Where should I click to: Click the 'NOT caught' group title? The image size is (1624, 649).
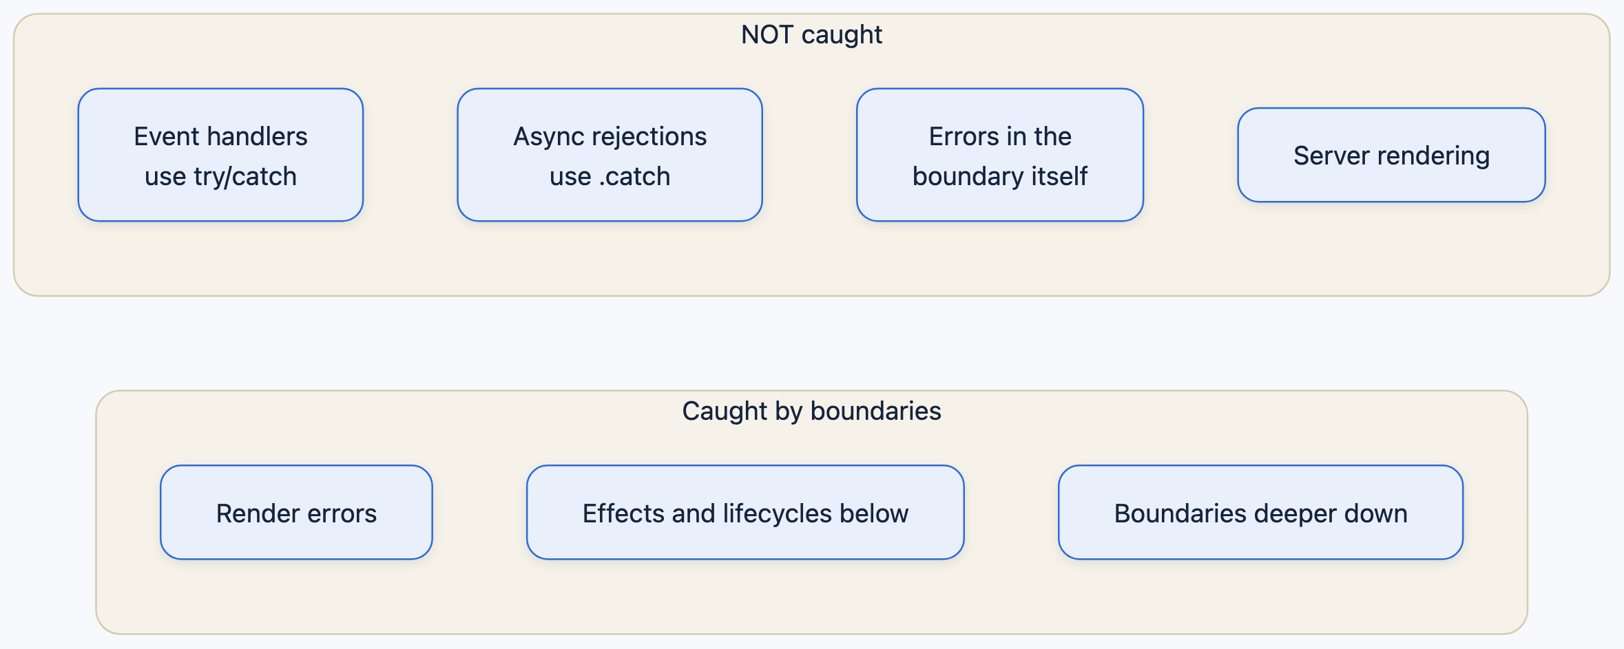coord(811,34)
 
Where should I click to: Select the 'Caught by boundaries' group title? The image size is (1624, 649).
coord(811,411)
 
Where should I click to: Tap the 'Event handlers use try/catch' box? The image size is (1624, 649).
coord(220,155)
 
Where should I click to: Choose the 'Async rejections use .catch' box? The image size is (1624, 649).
coord(610,155)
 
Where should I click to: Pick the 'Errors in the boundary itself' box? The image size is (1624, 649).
coord(1000,155)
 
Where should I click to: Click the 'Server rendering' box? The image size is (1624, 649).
coord(1391,155)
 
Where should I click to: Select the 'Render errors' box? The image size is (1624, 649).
coord(296,513)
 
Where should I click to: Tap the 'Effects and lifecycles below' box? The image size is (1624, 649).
coord(745,513)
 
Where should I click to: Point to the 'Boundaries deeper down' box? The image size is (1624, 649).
coord(1260,513)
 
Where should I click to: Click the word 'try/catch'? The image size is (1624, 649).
coord(245,177)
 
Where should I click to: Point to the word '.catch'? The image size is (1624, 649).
coord(634,177)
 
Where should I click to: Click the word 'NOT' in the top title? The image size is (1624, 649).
coord(767,34)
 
